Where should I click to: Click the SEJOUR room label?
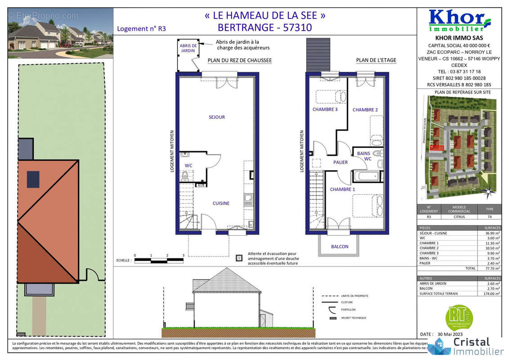(216, 117)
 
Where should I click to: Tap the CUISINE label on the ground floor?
(221, 203)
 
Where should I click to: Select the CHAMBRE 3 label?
(325, 109)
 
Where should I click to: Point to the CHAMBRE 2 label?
(365, 110)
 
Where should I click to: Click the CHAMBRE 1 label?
(342, 189)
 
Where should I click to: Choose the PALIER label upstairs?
(340, 162)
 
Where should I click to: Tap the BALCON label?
(339, 247)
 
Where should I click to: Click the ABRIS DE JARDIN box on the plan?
(188, 49)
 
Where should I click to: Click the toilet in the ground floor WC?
(184, 177)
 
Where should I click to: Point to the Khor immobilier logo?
(459, 20)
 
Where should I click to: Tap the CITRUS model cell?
(459, 217)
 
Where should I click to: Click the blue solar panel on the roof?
(33, 179)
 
